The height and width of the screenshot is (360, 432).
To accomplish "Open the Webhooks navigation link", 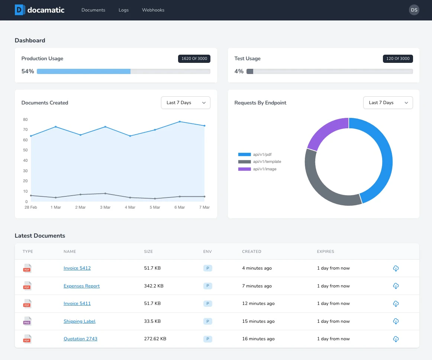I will [153, 10].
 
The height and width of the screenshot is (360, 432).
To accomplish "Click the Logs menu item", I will [123, 10].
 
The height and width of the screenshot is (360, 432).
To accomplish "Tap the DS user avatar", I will [414, 10].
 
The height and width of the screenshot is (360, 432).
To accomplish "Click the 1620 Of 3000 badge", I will [194, 59].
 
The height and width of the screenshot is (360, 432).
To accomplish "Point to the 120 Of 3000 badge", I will [398, 59].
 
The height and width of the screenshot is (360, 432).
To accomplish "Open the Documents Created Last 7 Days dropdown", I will [186, 103].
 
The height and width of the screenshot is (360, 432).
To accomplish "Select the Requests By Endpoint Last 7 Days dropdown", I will [388, 103].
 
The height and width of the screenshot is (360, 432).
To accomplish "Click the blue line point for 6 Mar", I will [180, 122].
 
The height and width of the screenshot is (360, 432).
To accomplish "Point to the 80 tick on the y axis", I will [25, 120].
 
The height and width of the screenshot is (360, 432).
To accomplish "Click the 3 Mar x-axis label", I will [105, 207].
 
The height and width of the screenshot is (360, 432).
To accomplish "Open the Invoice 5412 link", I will [77, 268].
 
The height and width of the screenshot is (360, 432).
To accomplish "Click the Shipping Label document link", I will [80, 321].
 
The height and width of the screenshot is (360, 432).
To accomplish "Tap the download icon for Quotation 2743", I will [396, 339].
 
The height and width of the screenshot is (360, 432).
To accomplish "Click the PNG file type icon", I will [27, 321].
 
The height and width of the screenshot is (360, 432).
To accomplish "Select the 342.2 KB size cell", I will [154, 286].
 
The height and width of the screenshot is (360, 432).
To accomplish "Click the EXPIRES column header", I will [325, 251].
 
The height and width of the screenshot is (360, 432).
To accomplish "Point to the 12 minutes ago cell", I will [258, 303].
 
